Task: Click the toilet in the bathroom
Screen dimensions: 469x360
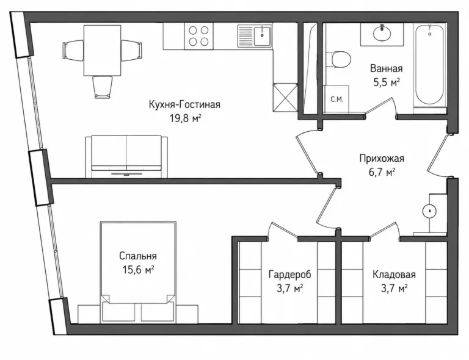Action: coord(338,59)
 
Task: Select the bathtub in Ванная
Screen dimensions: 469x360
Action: coord(430,64)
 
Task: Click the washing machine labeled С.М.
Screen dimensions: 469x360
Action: coord(337,99)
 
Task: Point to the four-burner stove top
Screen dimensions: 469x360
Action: coord(198,36)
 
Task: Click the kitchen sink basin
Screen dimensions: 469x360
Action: coord(263,35)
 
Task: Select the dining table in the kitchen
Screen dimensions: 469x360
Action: coord(103,51)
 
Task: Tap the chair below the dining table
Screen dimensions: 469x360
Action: coord(103,87)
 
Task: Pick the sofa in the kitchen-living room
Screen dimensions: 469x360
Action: coord(126,156)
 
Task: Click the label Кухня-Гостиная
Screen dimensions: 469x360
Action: coord(184,104)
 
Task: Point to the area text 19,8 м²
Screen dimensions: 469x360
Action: coord(185,118)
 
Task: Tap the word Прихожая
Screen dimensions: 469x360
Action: coord(382,159)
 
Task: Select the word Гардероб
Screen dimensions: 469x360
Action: coord(289,274)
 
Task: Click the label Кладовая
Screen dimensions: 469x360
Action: coord(394,274)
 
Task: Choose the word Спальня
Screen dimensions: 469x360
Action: coord(138,256)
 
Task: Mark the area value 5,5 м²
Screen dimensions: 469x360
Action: coord(387,82)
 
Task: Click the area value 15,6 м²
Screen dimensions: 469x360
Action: coord(138,270)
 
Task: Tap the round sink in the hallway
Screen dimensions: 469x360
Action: coord(429,211)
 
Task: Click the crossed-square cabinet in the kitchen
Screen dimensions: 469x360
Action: coord(285,98)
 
